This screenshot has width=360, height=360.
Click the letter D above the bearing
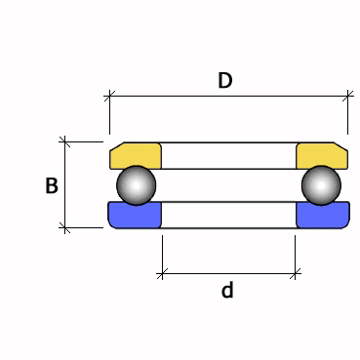[x=225, y=81]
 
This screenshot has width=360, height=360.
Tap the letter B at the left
[x=52, y=185]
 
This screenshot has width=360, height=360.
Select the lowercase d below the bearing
[x=227, y=291]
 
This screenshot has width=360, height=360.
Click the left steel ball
[x=136, y=184]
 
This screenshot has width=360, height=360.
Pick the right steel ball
[x=321, y=184]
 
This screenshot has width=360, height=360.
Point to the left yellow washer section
[x=136, y=155]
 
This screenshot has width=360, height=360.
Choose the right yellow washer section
[x=321, y=155]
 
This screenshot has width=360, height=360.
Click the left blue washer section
[x=135, y=216]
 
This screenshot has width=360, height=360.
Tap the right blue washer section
[x=322, y=216]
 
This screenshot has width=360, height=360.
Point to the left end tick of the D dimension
[x=109, y=96]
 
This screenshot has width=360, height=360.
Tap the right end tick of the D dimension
[x=347, y=96]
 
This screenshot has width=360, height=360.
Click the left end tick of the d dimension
[x=162, y=274]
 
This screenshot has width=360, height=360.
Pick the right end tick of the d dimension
[x=297, y=274]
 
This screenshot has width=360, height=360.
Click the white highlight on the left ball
[x=131, y=179]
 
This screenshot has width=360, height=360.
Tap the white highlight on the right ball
[x=316, y=179]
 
